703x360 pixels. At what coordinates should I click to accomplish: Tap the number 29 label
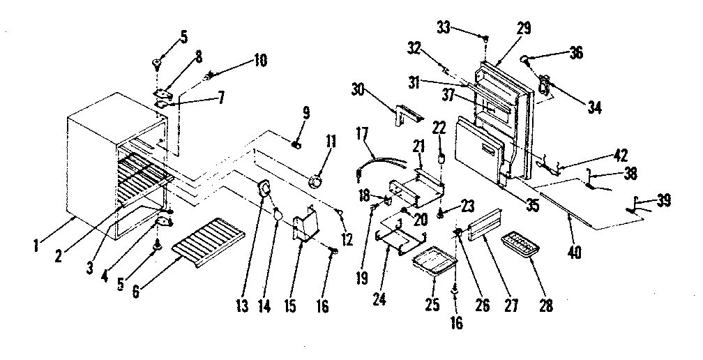(x=524, y=29)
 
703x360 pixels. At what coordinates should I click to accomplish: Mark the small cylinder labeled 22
(x=441, y=158)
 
